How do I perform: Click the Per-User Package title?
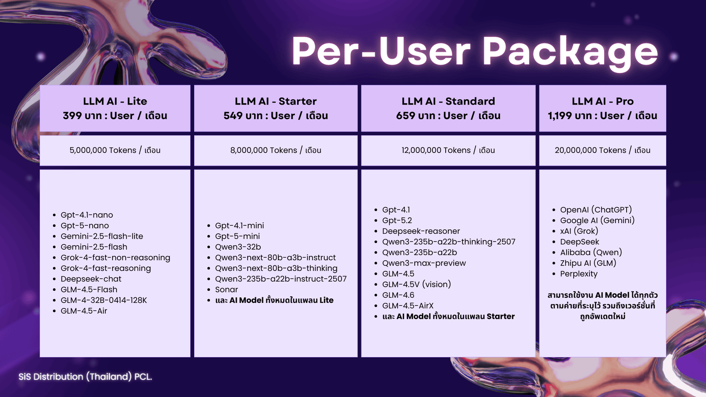[475, 51]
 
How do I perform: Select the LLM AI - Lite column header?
[115, 109]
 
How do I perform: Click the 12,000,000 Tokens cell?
[448, 150]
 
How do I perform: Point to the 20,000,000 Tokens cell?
[603, 150]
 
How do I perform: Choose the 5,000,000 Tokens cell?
[115, 150]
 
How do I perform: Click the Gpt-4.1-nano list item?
[86, 215]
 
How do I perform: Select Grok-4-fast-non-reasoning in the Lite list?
[115, 258]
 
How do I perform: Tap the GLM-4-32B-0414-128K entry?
[104, 300]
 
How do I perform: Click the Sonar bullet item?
[226, 289]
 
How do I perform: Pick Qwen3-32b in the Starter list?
[238, 247]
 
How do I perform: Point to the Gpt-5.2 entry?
[397, 221]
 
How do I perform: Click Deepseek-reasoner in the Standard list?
[421, 231]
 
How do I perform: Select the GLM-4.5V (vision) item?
[417, 285]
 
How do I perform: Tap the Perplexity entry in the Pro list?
[578, 274]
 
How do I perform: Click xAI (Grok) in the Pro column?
[579, 231]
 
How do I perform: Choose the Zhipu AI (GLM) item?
[588, 263]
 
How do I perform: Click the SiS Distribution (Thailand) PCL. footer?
[85, 377]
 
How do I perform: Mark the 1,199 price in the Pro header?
[560, 116]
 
